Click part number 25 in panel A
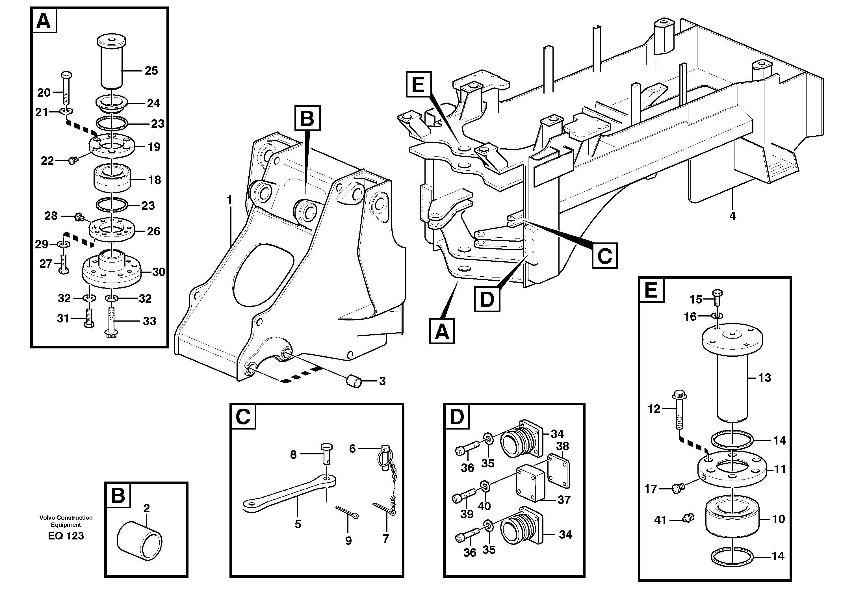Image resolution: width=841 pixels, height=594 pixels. [x=151, y=70]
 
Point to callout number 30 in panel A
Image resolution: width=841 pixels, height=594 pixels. [x=159, y=272]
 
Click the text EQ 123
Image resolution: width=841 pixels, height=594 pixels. [x=66, y=536]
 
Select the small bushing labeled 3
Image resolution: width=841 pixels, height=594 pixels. [x=354, y=381]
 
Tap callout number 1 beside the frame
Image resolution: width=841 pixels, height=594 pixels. [x=229, y=200]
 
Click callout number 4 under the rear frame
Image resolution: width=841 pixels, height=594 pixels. [x=732, y=216]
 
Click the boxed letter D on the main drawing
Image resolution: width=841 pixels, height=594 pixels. [x=487, y=299]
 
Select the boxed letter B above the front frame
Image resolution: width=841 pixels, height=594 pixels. [x=307, y=118]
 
